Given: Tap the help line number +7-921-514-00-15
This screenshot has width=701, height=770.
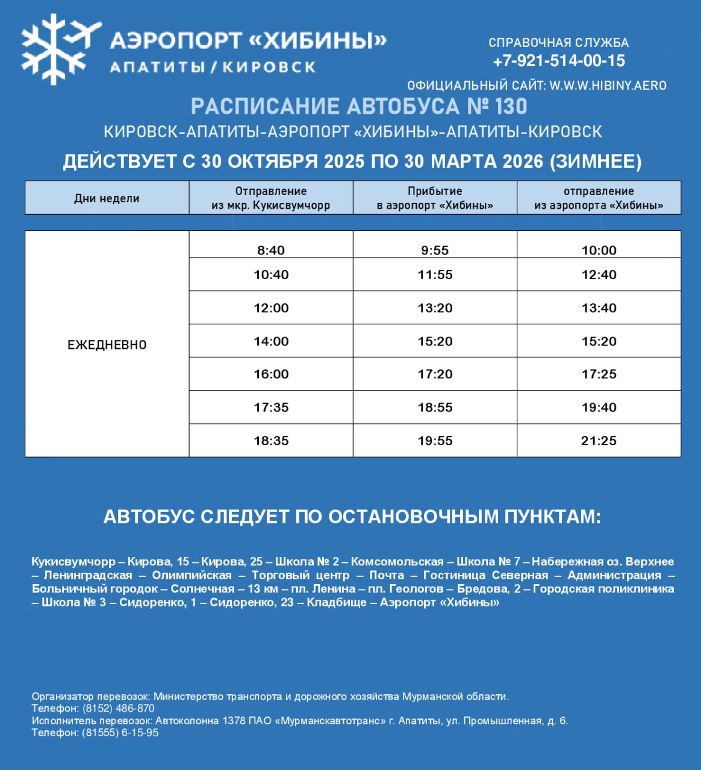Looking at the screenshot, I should pyautogui.click(x=559, y=61).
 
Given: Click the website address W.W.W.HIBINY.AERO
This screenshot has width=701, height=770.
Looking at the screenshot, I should pyautogui.click(x=608, y=85).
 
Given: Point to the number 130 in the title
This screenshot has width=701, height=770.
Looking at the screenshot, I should pyautogui.click(x=510, y=106).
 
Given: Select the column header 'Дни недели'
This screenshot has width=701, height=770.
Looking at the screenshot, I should pyautogui.click(x=107, y=198).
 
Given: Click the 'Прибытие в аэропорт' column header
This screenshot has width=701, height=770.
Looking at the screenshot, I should pyautogui.click(x=435, y=198).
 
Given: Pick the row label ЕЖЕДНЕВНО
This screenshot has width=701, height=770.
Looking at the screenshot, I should pyautogui.click(x=107, y=345).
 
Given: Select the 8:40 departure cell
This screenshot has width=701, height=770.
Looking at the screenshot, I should pyautogui.click(x=271, y=250).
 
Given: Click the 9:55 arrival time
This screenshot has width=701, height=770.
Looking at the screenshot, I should pyautogui.click(x=435, y=250).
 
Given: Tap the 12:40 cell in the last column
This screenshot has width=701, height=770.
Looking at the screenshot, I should pyautogui.click(x=599, y=275).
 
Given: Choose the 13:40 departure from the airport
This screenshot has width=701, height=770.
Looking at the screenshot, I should pyautogui.click(x=599, y=308).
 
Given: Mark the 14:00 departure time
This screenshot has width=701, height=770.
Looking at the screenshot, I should pyautogui.click(x=271, y=341).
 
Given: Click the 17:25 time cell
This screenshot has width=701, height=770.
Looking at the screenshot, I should pyautogui.click(x=599, y=374).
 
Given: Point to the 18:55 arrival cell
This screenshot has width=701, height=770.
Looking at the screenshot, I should pyautogui.click(x=435, y=407).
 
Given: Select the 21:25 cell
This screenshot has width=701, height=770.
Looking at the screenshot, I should pyautogui.click(x=599, y=441).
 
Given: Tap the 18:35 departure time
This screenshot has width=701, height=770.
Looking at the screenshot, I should pyautogui.click(x=271, y=441).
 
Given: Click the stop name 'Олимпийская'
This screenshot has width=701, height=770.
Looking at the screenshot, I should pyautogui.click(x=192, y=575).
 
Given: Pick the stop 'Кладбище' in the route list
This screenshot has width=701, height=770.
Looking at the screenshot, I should pyautogui.click(x=337, y=602).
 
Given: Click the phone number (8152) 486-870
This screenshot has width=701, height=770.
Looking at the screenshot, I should pyautogui.click(x=119, y=709).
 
